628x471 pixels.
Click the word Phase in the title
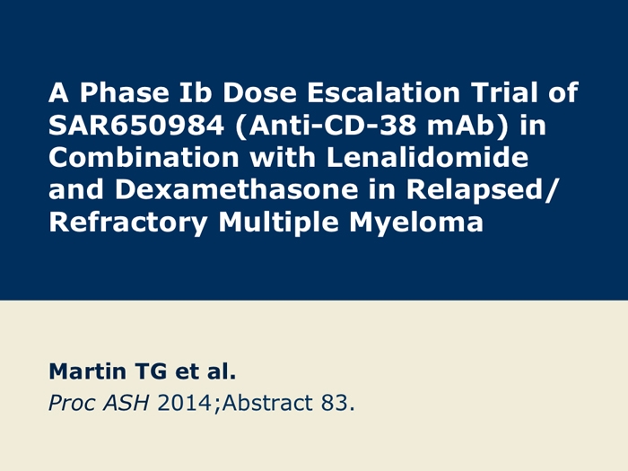click(x=124, y=92)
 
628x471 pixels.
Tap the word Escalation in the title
click(x=383, y=92)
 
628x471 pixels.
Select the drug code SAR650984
click(x=135, y=125)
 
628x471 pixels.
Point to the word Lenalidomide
click(x=427, y=157)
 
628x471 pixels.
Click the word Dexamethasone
click(x=236, y=190)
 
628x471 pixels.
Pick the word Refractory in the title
click(x=128, y=223)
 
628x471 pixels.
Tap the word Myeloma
click(x=416, y=223)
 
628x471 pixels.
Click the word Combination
click(x=144, y=157)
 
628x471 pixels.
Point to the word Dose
click(x=259, y=92)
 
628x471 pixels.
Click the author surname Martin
click(x=87, y=371)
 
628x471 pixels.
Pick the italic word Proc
click(x=73, y=403)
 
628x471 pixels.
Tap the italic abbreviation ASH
click(x=126, y=403)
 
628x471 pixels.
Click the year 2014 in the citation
click(x=184, y=403)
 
